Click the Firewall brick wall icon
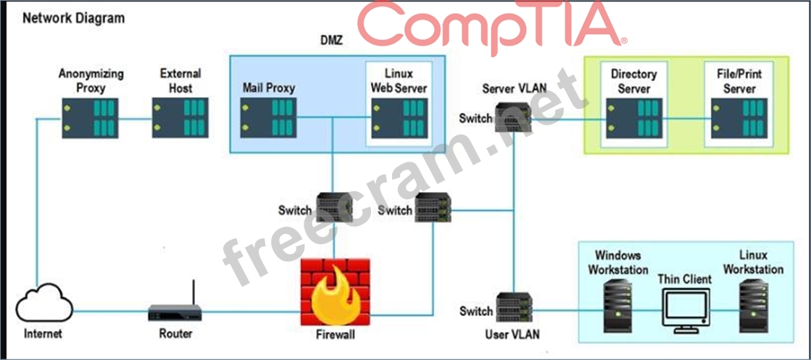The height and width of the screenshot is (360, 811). point(336,292)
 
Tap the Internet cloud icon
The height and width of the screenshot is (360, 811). point(44,304)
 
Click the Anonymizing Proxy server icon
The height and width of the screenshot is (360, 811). point(91,118)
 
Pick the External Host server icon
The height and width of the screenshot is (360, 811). point(180,118)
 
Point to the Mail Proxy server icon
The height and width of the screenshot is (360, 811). point(268,118)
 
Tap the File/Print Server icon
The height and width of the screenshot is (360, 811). point(739,118)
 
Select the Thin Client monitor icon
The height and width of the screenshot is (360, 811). point(685,310)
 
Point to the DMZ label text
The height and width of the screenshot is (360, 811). point(331,41)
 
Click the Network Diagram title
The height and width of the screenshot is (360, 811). point(74,19)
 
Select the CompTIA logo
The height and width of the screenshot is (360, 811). point(492,27)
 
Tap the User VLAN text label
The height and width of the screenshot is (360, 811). point(512,334)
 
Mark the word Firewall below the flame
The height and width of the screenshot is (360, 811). point(336,335)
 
